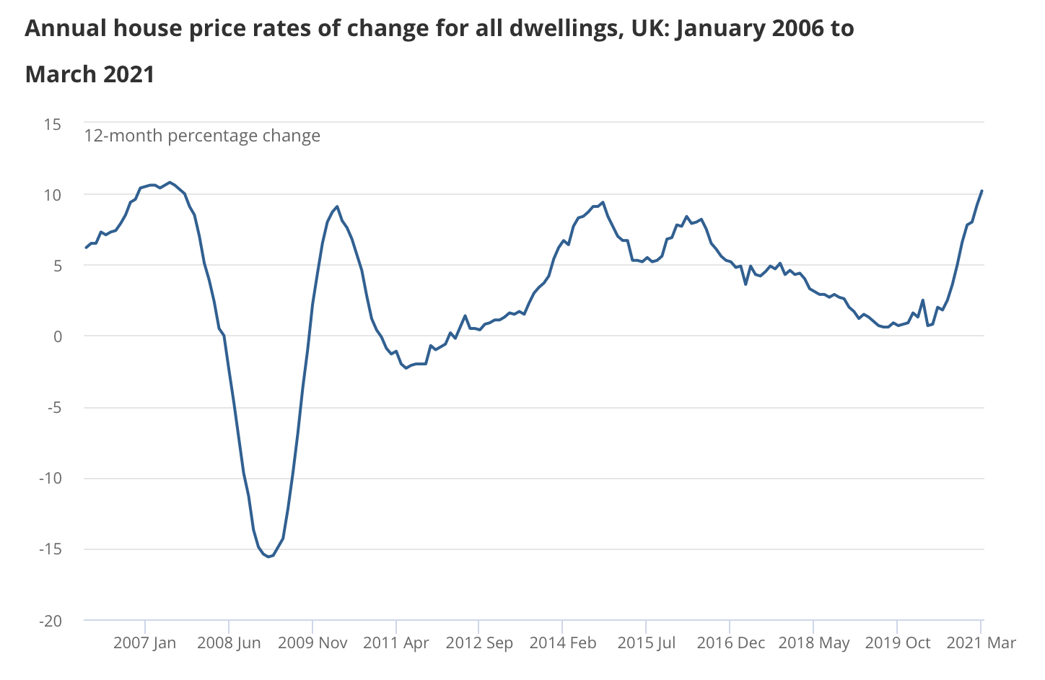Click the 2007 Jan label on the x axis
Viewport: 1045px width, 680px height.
point(144,642)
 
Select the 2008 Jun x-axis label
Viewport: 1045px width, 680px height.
point(229,642)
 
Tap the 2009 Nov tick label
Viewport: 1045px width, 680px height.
point(312,642)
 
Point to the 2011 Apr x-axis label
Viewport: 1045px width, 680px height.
point(396,642)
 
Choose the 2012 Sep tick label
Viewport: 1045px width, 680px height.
point(479,642)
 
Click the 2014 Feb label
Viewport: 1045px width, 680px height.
point(563,642)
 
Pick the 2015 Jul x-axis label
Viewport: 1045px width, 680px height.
point(647,642)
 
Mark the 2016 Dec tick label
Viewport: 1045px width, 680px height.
point(730,642)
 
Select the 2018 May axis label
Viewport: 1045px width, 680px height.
point(813,642)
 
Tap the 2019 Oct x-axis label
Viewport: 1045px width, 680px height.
point(897,642)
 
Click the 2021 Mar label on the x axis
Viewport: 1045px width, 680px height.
point(981,642)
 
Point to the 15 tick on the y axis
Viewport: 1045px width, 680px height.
point(52,124)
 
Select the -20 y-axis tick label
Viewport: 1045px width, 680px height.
point(50,621)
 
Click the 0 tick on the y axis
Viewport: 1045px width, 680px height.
point(57,336)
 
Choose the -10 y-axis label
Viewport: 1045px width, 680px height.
point(50,479)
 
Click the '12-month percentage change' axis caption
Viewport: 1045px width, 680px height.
point(202,136)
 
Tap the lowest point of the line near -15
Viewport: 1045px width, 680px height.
point(268,557)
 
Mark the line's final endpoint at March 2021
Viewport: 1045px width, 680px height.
point(981,191)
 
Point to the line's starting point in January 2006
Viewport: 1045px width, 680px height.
point(86,248)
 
